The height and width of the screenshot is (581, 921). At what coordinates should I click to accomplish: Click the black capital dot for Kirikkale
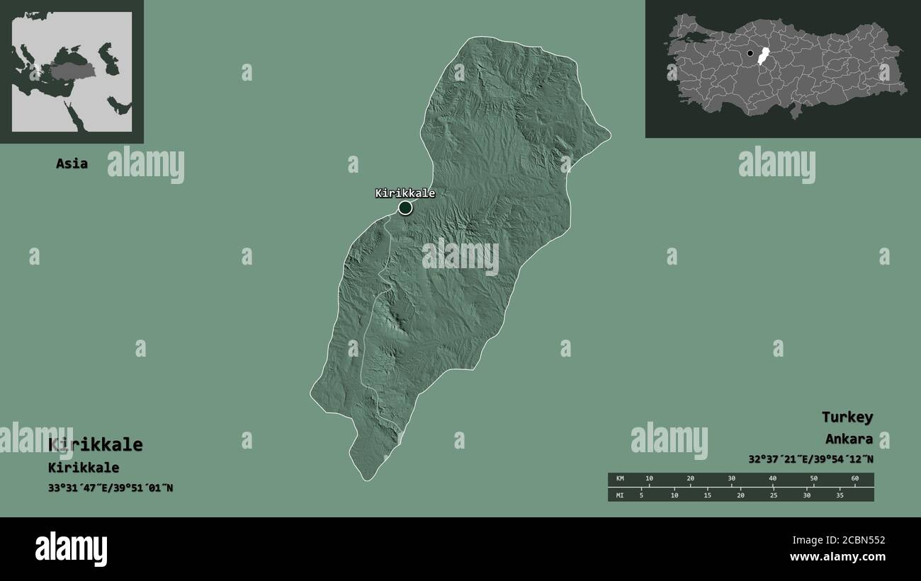pos(405,207)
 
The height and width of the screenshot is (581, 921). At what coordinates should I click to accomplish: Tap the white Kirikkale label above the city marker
pos(405,192)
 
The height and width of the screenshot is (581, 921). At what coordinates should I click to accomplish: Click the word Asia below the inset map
pos(72,163)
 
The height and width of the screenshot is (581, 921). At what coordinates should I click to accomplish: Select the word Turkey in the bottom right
pos(847,417)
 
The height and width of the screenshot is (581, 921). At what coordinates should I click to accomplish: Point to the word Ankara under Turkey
pos(849,439)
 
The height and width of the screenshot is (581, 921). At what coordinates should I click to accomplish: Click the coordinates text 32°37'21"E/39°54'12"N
pos(810,459)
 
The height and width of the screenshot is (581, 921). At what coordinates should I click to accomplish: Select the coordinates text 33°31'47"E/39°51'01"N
pos(111,488)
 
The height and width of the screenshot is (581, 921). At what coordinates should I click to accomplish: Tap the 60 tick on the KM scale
pos(854,479)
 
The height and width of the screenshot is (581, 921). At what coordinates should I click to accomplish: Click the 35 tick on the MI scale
pos(840,495)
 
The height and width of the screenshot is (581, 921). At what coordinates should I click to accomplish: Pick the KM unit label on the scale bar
pos(620,479)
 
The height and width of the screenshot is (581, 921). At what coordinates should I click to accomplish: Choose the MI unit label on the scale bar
pos(620,495)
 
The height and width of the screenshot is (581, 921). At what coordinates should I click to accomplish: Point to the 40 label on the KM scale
pos(772,479)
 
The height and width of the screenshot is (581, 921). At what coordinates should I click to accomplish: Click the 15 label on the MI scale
pos(707,495)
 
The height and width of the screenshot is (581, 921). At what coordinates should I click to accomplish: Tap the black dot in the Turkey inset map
pos(750,53)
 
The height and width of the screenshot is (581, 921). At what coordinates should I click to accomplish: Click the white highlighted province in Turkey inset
pos(763,57)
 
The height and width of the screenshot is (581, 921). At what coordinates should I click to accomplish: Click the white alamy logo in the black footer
pos(71,549)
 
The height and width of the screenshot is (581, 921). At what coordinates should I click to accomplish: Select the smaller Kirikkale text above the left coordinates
pos(84,468)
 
